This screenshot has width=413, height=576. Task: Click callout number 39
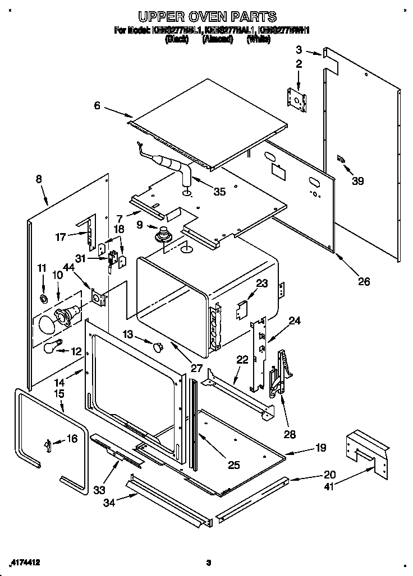357,180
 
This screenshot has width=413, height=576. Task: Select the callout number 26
364,281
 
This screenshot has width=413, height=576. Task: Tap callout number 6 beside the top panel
97,105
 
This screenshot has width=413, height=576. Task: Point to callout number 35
219,192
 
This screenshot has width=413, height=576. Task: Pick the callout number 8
38,179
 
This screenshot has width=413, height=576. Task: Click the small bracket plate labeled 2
297,99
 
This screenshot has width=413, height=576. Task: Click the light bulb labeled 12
53,347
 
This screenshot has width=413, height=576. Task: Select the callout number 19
320,448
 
